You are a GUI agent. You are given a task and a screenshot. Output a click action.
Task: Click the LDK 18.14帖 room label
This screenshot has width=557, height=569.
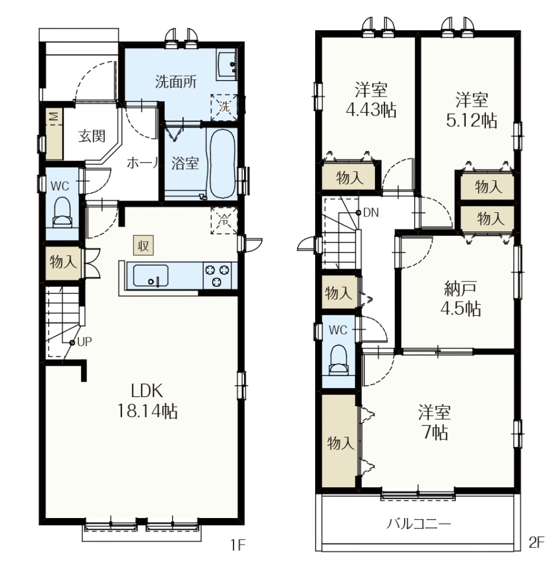tap(147, 401)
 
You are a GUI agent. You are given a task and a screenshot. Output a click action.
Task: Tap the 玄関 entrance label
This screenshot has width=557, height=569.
tap(92, 136)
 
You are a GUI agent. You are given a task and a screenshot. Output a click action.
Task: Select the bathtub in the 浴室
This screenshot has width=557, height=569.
tap(222, 164)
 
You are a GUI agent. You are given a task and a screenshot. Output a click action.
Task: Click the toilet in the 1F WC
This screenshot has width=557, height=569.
tap(62, 213)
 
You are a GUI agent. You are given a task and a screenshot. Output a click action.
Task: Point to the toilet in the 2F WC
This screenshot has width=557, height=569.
tap(338, 359)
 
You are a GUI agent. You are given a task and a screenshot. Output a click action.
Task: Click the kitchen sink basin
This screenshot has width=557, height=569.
tap(151, 276)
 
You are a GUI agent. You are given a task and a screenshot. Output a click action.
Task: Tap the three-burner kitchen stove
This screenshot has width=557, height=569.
tap(217, 276)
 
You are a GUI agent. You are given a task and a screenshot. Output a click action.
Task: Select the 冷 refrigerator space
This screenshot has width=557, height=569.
tap(224, 220)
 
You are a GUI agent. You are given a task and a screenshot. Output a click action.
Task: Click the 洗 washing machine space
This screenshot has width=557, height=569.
tap(224, 107)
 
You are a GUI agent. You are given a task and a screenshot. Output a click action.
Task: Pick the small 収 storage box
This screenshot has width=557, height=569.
tap(143, 245)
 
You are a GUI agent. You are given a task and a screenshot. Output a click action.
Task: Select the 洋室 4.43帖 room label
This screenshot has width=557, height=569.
tap(371, 100)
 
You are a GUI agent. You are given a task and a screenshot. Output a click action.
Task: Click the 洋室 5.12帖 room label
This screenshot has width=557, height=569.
tap(471, 110)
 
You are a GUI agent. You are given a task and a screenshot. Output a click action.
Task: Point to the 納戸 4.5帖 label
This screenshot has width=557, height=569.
tap(460, 299)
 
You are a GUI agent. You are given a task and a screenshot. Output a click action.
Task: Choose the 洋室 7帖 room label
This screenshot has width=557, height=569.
tap(434, 423)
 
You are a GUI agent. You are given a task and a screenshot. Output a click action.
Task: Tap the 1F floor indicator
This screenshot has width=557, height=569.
tap(238, 545)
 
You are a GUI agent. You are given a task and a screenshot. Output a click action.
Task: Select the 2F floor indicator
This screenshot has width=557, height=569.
tap(536, 542)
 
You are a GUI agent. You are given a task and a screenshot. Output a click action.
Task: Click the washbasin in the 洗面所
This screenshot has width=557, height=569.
tap(227, 65)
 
